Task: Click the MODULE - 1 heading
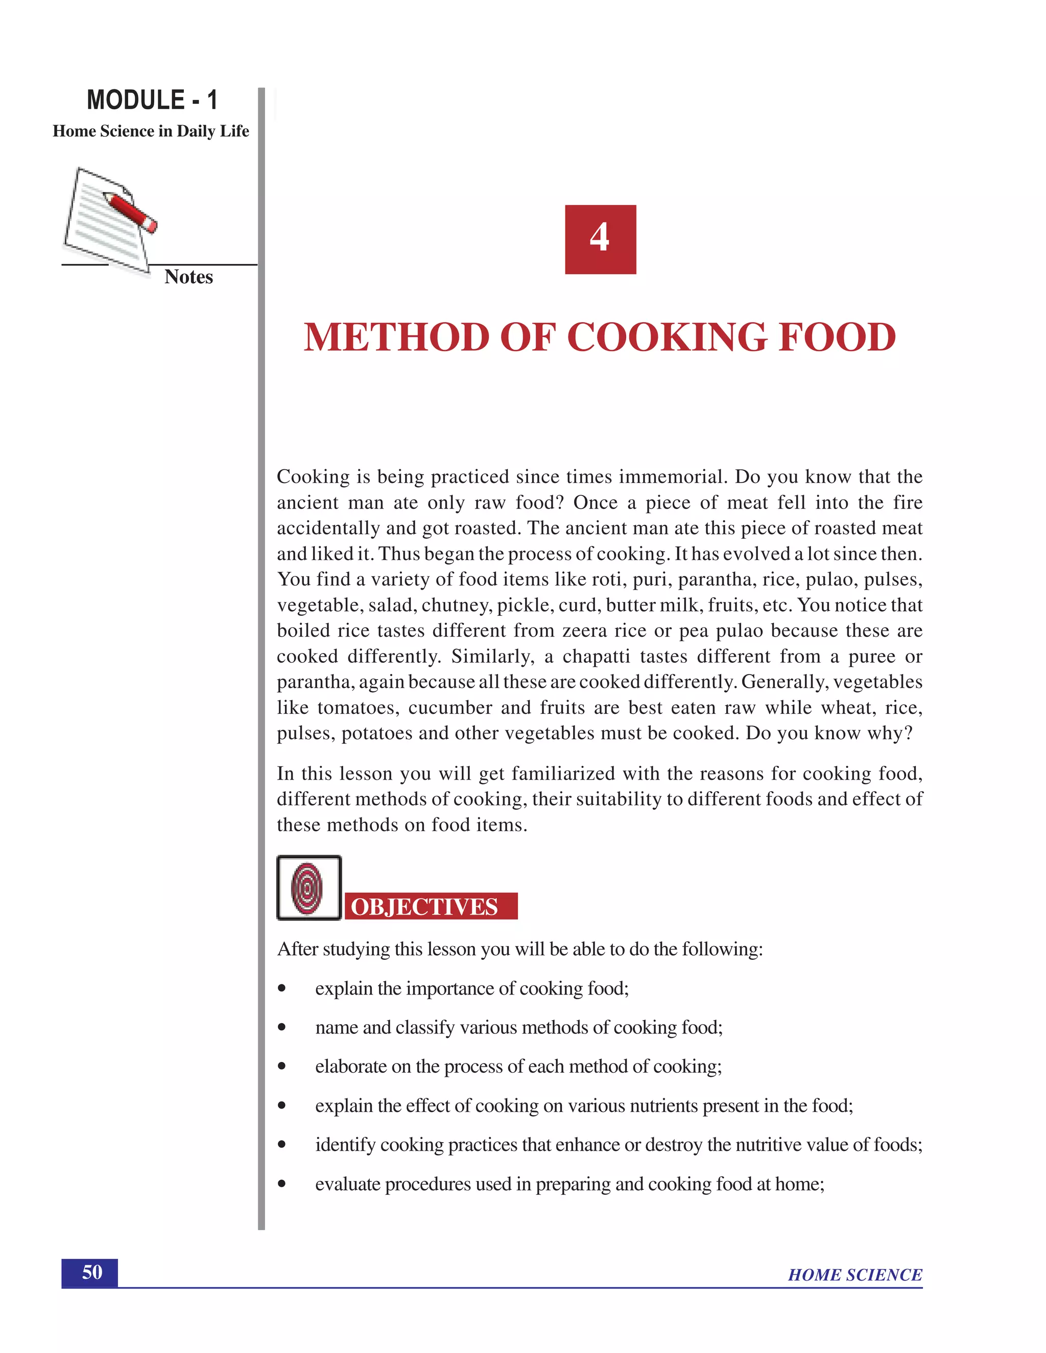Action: [152, 101]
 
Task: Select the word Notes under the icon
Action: [188, 277]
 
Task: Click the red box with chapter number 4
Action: [600, 239]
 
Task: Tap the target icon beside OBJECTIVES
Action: [308, 888]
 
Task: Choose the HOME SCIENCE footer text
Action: [854, 1275]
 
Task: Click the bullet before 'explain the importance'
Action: [282, 988]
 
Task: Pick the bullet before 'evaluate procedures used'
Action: [282, 1184]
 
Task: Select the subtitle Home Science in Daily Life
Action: [151, 131]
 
